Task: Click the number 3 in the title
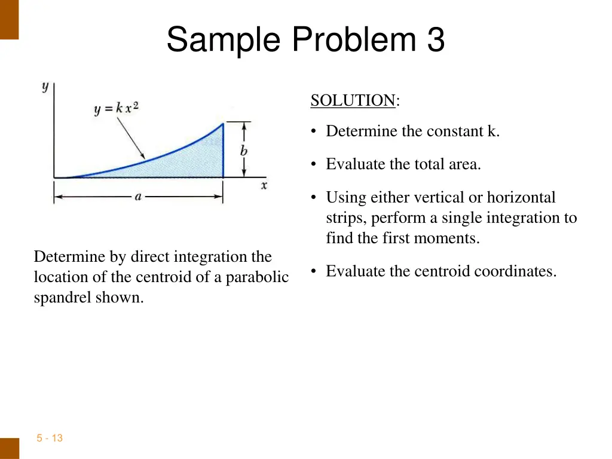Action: click(436, 41)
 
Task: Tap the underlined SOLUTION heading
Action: click(353, 100)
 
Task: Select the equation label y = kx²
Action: click(117, 109)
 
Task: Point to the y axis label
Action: click(45, 87)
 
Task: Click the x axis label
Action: click(264, 185)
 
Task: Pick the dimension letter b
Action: click(244, 151)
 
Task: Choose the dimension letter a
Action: click(138, 197)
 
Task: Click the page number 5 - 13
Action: click(50, 438)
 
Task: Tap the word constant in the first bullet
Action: click(454, 131)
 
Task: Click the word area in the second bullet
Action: click(464, 164)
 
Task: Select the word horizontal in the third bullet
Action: click(521, 197)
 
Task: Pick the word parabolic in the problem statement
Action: click(257, 277)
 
